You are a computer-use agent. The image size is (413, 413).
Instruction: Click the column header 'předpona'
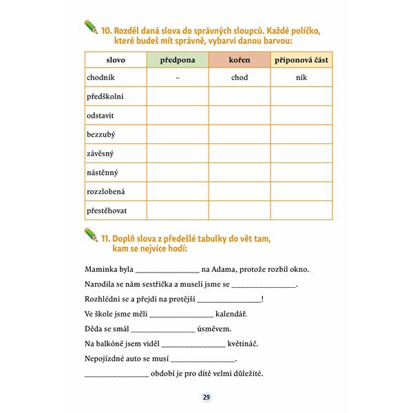(x=177, y=60)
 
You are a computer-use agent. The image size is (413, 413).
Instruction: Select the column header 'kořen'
(x=240, y=60)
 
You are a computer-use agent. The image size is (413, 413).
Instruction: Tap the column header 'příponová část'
(x=301, y=60)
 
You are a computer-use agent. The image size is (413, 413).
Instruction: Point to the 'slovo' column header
(x=116, y=60)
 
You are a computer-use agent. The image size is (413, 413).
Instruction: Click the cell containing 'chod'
(x=240, y=78)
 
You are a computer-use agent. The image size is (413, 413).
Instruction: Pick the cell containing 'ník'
(x=301, y=78)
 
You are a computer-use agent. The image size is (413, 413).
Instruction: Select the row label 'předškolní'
(x=105, y=96)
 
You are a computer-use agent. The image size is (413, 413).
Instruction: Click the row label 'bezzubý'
(x=100, y=134)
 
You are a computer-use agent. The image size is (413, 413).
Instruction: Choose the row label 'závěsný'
(x=100, y=153)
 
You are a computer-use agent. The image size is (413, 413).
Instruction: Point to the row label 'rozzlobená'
(x=106, y=191)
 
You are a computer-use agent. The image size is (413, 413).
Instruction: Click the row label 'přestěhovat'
(x=107, y=210)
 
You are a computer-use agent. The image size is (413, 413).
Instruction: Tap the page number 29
(x=206, y=397)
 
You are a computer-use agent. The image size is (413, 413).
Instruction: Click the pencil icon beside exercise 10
(x=91, y=28)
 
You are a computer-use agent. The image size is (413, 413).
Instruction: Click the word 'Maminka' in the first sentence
(x=100, y=268)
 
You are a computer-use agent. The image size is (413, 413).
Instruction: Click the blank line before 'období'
(x=116, y=375)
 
